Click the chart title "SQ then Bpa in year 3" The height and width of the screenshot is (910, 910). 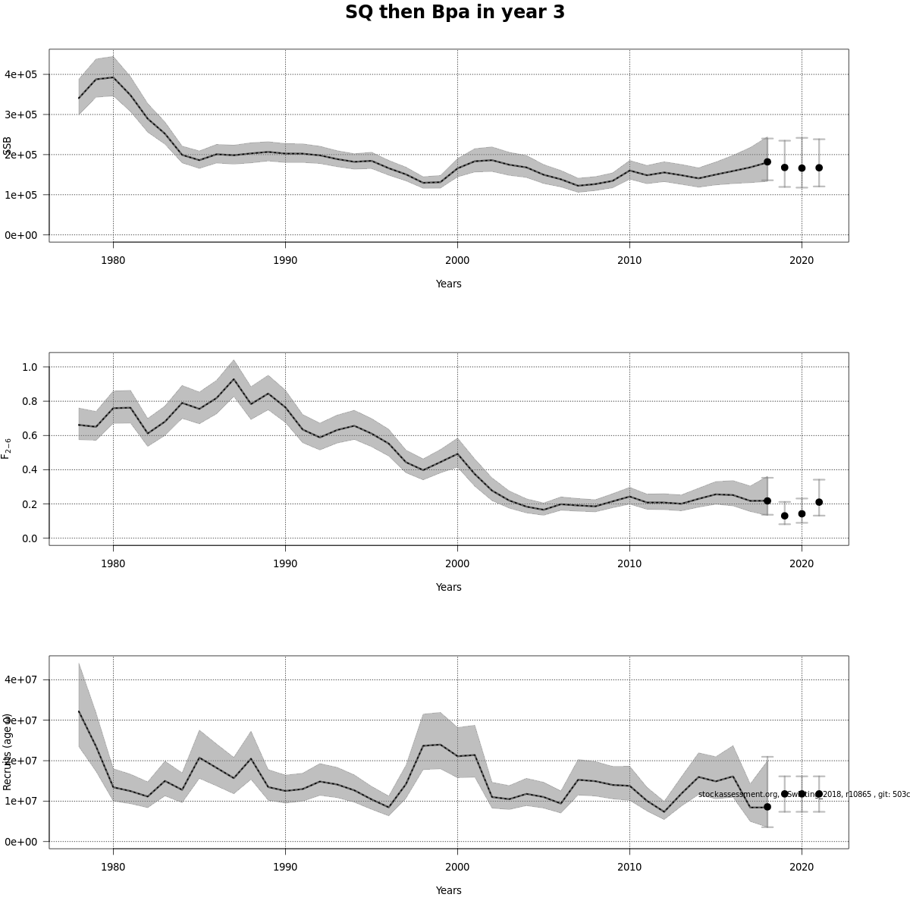click(x=455, y=13)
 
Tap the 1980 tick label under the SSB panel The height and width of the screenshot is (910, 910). click(x=113, y=260)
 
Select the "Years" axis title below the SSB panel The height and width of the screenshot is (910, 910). click(x=448, y=284)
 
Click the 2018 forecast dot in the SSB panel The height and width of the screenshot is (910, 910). click(x=767, y=162)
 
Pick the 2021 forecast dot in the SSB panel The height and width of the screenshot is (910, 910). click(x=819, y=168)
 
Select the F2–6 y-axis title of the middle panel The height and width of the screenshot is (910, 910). click(x=6, y=448)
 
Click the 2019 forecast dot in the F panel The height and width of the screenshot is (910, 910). click(x=785, y=516)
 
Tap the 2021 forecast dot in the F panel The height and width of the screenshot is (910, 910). click(x=819, y=502)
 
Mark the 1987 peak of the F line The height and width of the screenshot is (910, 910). click(x=234, y=379)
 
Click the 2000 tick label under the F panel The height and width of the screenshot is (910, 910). click(x=457, y=563)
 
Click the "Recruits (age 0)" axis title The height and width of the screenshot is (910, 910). click(x=7, y=752)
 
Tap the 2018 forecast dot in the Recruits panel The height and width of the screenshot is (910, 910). click(x=767, y=807)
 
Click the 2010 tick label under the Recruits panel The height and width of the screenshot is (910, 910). click(x=629, y=867)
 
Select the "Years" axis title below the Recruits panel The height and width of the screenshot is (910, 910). click(x=448, y=890)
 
